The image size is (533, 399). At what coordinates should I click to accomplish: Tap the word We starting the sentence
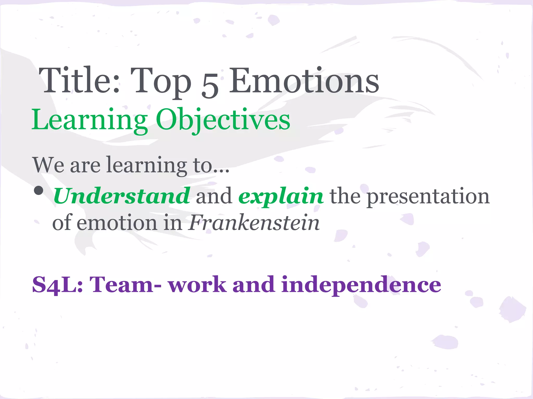48,165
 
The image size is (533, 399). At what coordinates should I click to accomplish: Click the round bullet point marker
39,191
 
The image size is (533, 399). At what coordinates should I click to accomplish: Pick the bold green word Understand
122,196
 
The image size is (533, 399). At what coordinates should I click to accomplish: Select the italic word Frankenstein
254,223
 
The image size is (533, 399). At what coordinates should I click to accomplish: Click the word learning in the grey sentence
147,165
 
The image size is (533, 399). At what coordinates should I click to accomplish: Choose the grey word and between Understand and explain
214,196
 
